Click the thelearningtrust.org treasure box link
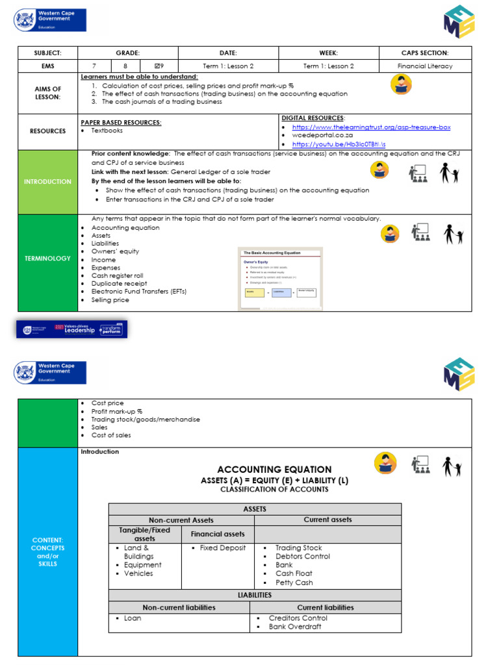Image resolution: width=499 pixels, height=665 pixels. pyautogui.click(x=371, y=127)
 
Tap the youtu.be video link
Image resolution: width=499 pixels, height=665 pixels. pyautogui.click(x=339, y=144)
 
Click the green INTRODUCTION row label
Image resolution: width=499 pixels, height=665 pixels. pyautogui.click(x=47, y=182)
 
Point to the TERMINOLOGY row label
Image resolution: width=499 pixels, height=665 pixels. pyautogui.click(x=47, y=258)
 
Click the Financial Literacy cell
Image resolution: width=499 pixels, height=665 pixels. pyautogui.click(x=426, y=66)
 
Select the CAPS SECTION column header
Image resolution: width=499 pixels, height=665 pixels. pyautogui.click(x=426, y=53)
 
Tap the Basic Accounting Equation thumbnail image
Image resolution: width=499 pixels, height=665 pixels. pyautogui.click(x=281, y=278)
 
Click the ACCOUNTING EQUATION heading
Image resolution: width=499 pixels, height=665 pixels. pyautogui.click(x=274, y=470)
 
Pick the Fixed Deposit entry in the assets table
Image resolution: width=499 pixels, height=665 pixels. pyautogui.click(x=223, y=548)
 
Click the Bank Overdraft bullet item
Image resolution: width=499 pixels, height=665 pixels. pyautogui.click(x=295, y=627)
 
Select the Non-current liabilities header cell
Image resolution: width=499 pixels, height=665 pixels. pyautogui.click(x=179, y=608)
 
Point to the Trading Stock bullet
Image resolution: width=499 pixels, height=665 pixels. pyautogui.click(x=298, y=548)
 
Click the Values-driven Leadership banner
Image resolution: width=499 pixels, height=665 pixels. pyautogui.click(x=72, y=329)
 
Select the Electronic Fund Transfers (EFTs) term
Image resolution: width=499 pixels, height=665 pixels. pyautogui.click(x=138, y=292)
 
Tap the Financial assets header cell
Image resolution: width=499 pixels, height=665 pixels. pyautogui.click(x=218, y=534)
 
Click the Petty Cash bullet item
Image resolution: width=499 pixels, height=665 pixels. pyautogui.click(x=294, y=583)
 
